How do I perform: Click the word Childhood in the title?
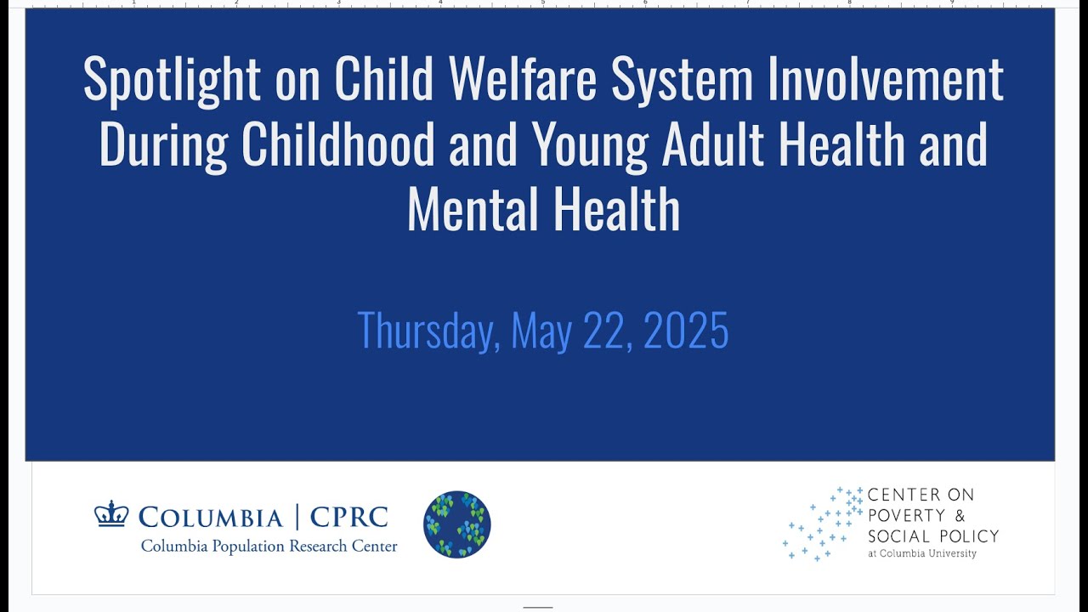point(338,145)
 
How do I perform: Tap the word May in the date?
point(541,331)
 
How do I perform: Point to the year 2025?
point(686,331)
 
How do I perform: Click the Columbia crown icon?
point(111,514)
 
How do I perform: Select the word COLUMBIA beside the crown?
point(210,517)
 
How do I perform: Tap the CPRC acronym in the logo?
point(348,517)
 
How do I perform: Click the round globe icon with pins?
point(457,524)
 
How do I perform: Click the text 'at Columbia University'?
point(921,553)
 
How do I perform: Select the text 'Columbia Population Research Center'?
point(269,547)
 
